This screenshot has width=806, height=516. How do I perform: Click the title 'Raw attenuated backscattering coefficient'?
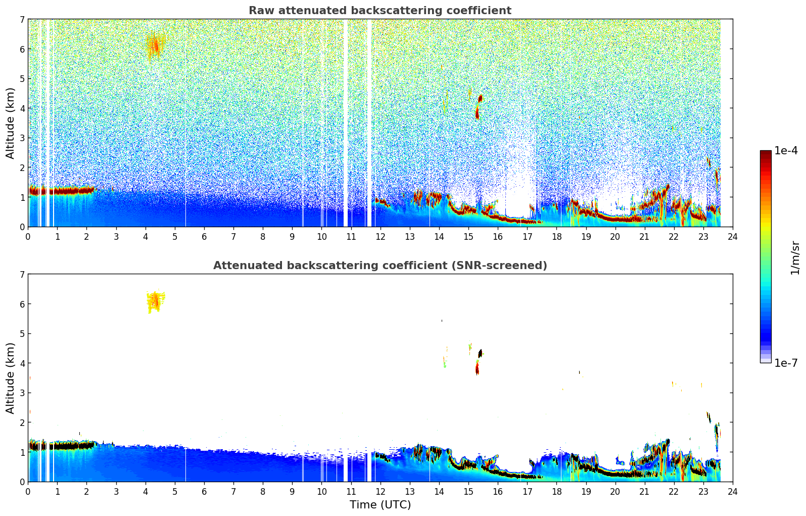coord(380,11)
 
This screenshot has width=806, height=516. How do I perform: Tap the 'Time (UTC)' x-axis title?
coord(380,504)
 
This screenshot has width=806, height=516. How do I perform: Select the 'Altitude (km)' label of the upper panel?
coord(10,123)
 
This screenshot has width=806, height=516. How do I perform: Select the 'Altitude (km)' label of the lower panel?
coord(10,378)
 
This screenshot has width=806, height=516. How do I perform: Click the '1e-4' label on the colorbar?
coord(786,151)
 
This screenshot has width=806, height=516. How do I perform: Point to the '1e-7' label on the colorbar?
coord(786,363)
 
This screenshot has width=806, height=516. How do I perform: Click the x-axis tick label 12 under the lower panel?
coord(380,492)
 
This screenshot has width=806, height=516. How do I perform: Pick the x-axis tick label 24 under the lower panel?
coord(732,492)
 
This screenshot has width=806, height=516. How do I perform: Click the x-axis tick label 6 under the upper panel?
coord(204,237)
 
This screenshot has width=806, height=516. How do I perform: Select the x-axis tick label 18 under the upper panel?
coord(556,237)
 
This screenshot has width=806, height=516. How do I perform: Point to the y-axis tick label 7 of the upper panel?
coord(22,20)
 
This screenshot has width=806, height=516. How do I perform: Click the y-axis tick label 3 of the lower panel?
coord(22,393)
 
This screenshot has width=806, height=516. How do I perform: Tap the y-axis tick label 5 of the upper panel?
coord(22,79)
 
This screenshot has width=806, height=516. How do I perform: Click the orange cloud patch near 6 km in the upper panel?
coord(155,47)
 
